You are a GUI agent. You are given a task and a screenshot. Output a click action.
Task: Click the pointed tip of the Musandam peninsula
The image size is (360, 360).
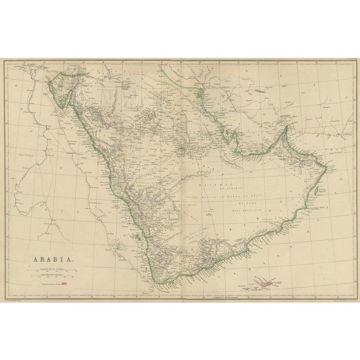(286, 128)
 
